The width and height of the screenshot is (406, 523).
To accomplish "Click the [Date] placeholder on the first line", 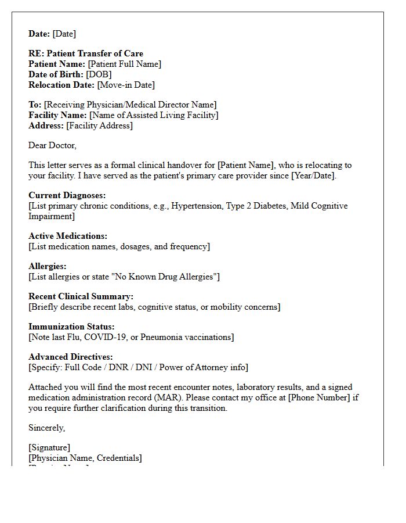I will tap(64, 34).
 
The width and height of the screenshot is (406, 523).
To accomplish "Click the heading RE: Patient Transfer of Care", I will tap(86, 53).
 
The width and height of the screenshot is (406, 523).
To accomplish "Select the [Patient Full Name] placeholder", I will tap(124, 64).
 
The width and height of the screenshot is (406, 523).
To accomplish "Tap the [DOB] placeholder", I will tap(99, 74).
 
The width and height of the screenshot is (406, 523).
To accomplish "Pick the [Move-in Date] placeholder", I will tap(126, 85).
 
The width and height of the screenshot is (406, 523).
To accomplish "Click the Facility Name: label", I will tap(57, 115).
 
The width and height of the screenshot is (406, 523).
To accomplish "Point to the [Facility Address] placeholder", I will tap(99, 126).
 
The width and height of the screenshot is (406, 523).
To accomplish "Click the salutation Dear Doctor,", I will tap(52, 145).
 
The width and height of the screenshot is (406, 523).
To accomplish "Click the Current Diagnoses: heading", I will tap(67, 195).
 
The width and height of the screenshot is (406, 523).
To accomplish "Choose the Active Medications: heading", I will tap(68, 236).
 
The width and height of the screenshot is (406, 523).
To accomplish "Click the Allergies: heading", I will tap(47, 266).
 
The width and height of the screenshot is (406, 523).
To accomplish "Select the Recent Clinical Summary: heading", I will tap(81, 296).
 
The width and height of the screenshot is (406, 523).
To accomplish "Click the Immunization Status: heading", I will tap(71, 327).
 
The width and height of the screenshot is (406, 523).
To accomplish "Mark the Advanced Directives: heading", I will tap(70, 357).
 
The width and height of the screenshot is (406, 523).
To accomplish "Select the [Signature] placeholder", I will tap(49, 447).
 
